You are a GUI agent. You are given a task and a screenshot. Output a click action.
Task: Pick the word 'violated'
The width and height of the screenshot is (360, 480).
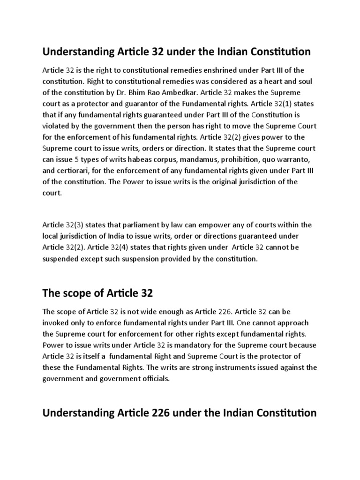tap(57, 126)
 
